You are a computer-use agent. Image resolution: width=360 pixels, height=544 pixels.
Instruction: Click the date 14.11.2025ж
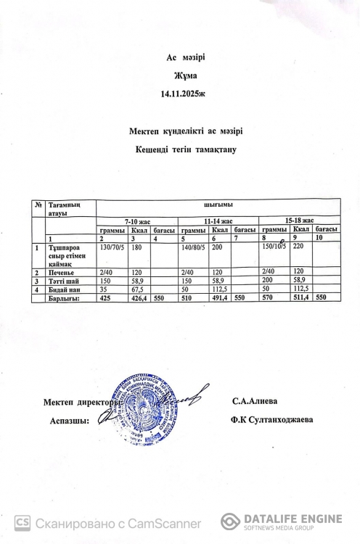point(179,94)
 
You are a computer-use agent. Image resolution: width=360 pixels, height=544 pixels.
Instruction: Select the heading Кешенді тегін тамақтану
point(181,149)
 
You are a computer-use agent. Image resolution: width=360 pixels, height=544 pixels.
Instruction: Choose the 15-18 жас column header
point(299,219)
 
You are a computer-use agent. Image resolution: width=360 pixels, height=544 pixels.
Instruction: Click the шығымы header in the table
point(218,205)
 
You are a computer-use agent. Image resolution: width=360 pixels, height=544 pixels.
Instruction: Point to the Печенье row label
point(61,273)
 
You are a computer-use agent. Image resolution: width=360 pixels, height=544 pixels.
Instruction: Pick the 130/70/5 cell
point(112,247)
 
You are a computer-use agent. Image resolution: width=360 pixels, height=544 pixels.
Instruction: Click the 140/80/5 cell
point(193,247)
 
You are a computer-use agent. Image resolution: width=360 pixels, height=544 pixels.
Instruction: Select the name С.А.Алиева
point(254,402)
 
